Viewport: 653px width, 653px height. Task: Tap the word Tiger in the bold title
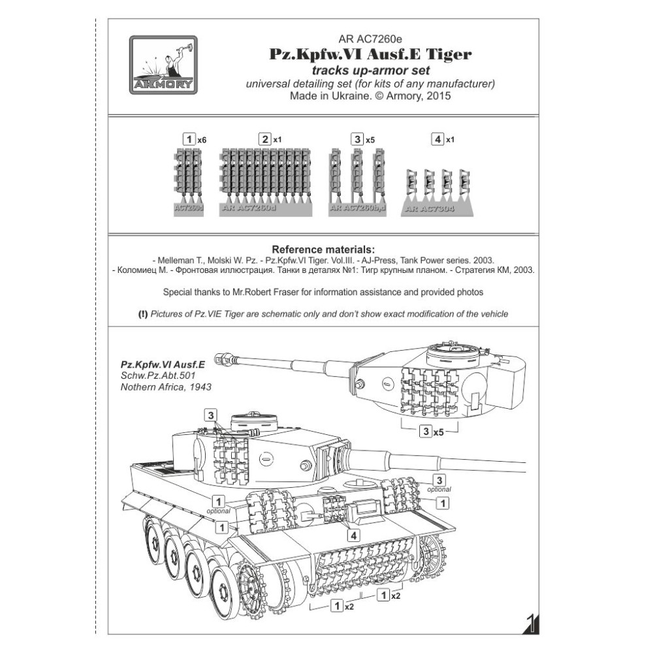click(447, 55)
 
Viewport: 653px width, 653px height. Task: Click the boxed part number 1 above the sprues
click(189, 139)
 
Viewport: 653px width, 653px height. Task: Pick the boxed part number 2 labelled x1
click(264, 139)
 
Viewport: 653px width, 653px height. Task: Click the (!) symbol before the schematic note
click(143, 314)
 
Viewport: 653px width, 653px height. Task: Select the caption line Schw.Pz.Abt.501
click(149, 375)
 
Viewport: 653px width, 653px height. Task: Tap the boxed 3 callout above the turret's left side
click(210, 415)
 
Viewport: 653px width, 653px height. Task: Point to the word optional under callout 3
click(439, 489)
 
